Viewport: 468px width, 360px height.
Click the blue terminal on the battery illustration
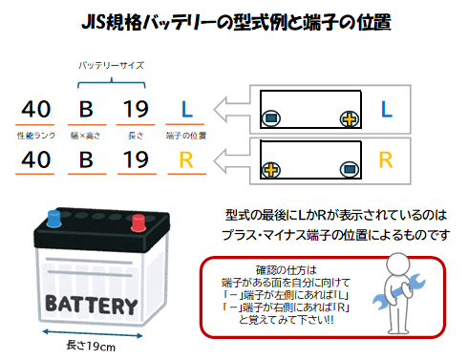54,219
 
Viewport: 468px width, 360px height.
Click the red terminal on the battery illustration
138,222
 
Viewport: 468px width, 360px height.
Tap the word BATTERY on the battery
92,305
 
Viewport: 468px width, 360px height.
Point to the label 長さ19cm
91,346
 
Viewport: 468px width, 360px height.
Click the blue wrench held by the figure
399,291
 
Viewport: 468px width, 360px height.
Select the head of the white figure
398,265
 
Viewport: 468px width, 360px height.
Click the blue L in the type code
187,109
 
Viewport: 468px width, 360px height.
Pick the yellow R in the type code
186,159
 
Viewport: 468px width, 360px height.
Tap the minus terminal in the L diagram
271,118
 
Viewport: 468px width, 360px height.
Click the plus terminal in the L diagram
350,119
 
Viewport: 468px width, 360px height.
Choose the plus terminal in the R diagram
271,170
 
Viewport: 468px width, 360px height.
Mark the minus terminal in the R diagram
350,169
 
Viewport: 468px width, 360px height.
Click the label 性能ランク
36,136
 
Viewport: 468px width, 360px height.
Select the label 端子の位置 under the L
186,136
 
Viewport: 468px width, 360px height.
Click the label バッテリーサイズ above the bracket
111,66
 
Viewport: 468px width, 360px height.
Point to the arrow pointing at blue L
232,110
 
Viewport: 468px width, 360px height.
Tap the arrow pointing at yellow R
232,160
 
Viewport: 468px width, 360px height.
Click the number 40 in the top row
36,109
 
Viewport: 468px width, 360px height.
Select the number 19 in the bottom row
136,159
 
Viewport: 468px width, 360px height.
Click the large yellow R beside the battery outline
386,160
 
